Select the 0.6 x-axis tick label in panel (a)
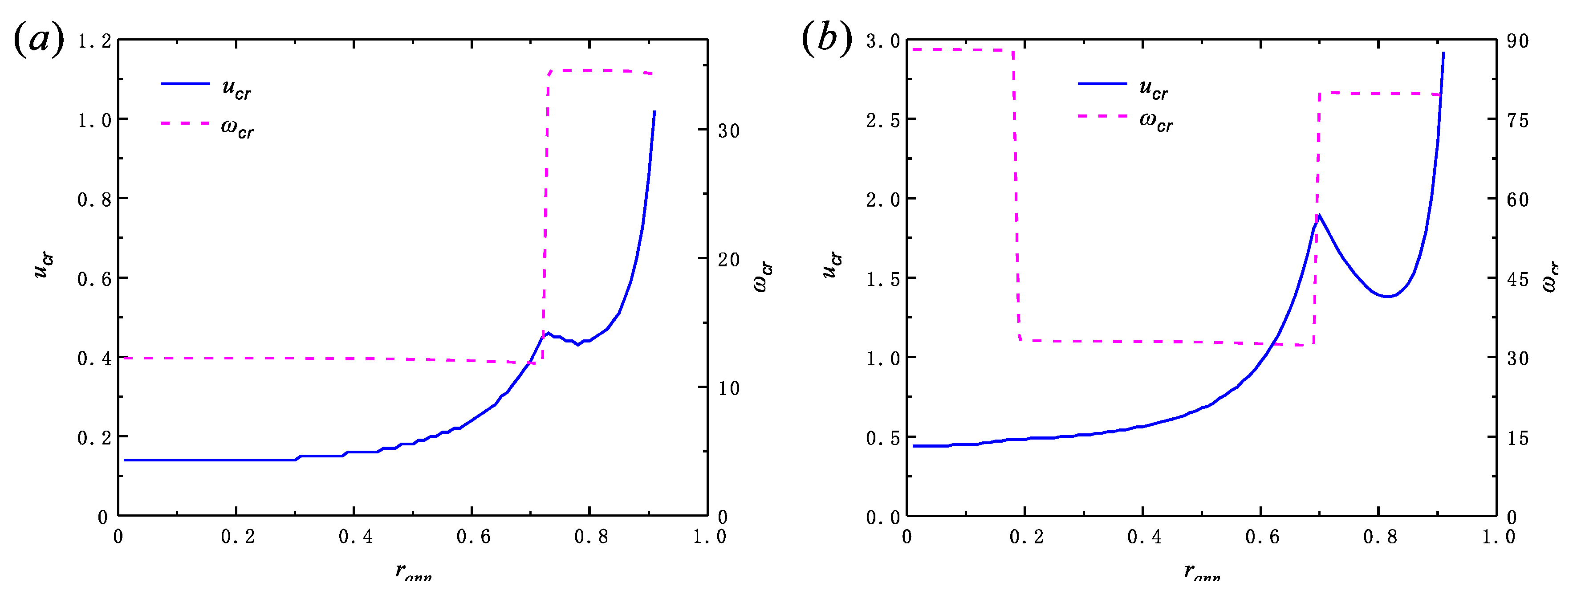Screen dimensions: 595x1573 click(x=473, y=537)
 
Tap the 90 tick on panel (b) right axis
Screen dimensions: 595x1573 click(x=1517, y=41)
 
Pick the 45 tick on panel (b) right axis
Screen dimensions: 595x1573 click(x=1517, y=279)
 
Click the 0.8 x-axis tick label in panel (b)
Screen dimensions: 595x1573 click(x=1379, y=537)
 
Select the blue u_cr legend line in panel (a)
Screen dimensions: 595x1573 click(x=185, y=84)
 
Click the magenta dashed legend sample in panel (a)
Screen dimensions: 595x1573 click(x=185, y=123)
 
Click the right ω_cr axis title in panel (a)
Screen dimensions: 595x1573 click(x=763, y=277)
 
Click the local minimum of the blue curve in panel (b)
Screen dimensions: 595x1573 click(x=1388, y=296)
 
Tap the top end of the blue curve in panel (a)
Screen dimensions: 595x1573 click(x=654, y=112)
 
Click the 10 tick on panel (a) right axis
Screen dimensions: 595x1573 click(x=728, y=388)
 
